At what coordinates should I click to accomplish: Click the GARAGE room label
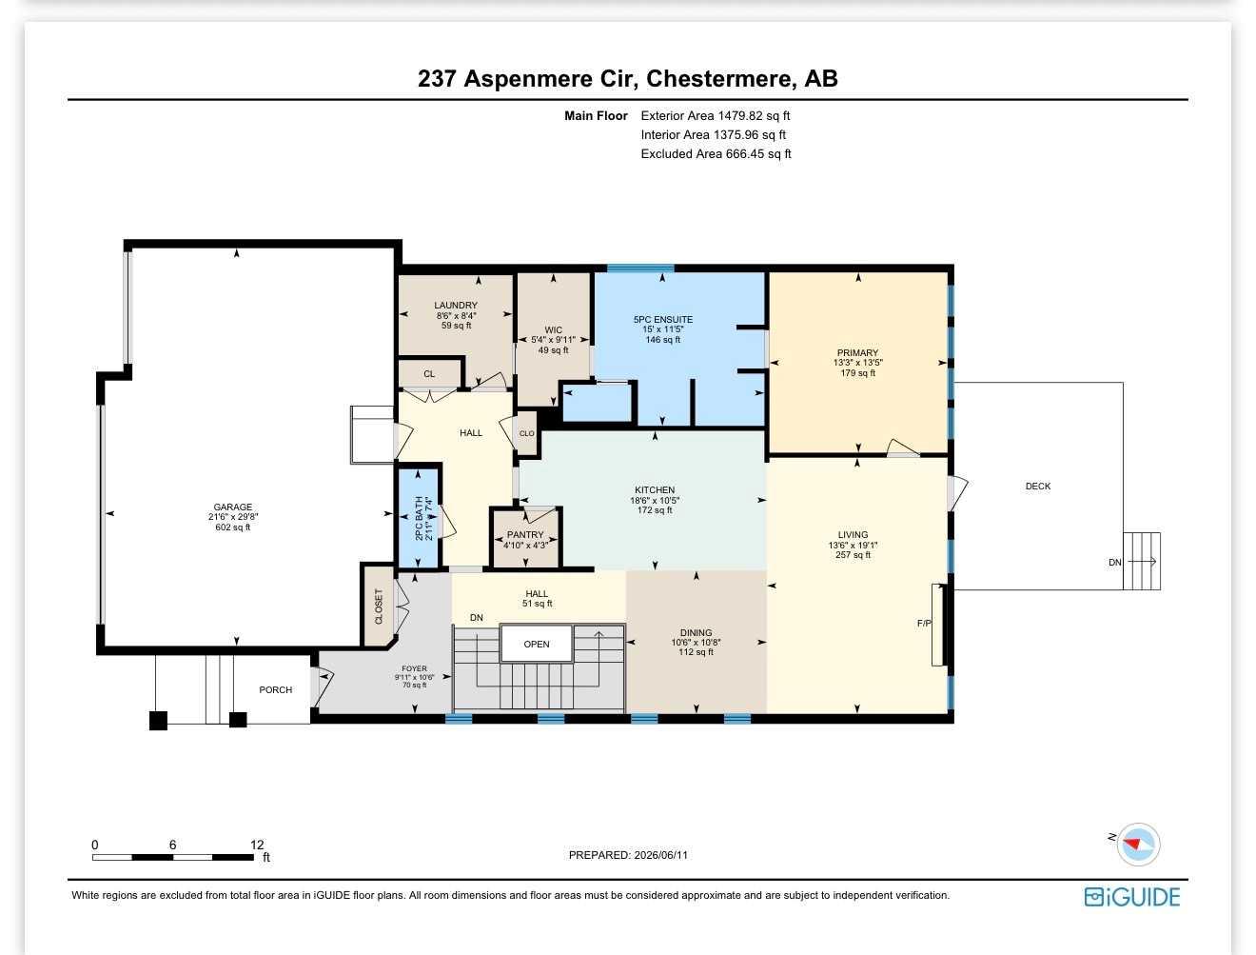232,507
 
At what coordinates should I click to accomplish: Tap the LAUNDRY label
456,306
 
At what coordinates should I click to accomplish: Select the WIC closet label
554,329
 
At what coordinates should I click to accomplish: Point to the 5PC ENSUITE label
662,320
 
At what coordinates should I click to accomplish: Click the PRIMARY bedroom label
857,352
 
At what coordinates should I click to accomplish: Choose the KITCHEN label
655,490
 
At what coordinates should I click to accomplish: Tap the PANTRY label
525,535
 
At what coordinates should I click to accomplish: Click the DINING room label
696,632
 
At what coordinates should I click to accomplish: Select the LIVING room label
853,535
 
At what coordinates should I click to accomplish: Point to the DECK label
1038,487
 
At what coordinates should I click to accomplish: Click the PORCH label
276,690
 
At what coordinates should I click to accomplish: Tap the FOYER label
414,668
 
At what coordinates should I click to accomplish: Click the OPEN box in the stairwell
537,644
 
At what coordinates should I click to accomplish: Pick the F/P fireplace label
924,623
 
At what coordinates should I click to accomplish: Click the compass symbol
1138,844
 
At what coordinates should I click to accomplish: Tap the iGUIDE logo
1132,897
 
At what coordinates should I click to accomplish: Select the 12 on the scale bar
257,845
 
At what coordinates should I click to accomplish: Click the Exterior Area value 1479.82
740,115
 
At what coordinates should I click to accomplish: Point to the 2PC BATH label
419,518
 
